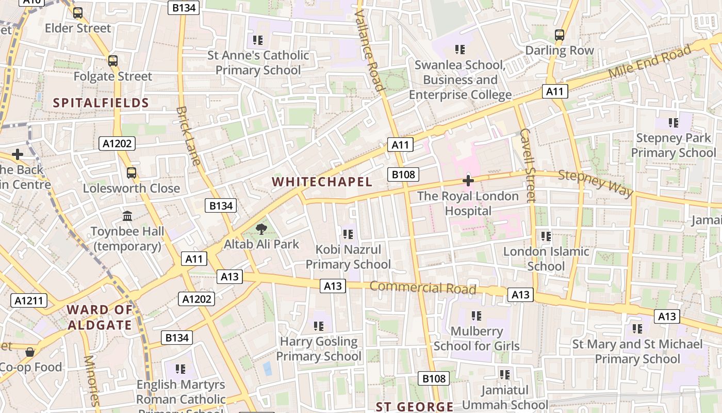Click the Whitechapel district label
tap(322, 182)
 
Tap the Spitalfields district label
tap(101, 103)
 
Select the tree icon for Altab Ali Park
tap(261, 229)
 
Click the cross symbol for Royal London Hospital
tap(468, 181)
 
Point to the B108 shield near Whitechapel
tap(403, 174)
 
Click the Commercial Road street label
tap(423, 288)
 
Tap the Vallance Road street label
tap(370, 50)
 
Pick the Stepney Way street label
tap(596, 183)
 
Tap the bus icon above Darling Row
tap(560, 35)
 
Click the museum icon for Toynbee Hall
tap(127, 216)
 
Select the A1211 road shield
tap(29, 300)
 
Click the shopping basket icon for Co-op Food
tap(30, 352)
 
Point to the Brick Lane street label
tap(188, 135)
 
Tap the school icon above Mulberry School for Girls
tap(477, 315)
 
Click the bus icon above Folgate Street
tap(113, 60)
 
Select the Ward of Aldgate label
tap(100, 317)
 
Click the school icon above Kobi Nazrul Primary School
tap(348, 234)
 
